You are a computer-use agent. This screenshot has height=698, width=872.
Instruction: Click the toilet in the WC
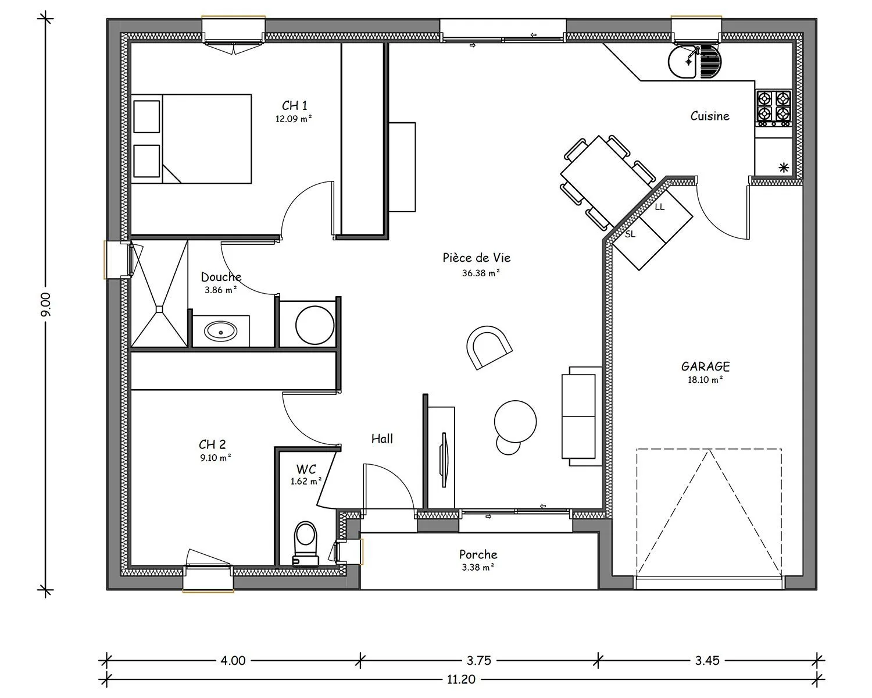tap(306, 543)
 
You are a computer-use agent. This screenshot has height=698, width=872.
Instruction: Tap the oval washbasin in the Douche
tap(220, 332)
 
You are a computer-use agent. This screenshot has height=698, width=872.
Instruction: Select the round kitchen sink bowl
tap(682, 61)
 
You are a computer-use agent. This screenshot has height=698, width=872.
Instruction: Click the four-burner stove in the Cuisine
tap(774, 108)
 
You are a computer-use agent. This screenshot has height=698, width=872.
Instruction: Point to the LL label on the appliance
tap(660, 207)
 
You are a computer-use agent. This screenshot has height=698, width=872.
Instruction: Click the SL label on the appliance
tap(630, 234)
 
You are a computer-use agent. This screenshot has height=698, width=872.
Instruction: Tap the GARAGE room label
tap(706, 366)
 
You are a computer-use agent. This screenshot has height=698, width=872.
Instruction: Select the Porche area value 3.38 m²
tap(478, 567)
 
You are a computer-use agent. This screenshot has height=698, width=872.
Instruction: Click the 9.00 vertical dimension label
tap(46, 304)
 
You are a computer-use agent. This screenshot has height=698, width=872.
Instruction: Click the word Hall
tap(382, 439)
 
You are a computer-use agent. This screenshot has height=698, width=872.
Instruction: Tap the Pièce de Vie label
tap(477, 258)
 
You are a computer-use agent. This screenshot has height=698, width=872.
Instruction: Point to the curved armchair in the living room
tap(489, 347)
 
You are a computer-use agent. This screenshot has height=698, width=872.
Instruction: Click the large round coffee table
tap(516, 421)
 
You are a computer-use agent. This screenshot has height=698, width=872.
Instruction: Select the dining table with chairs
tap(608, 181)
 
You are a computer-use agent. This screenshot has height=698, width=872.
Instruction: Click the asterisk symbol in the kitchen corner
tap(784, 168)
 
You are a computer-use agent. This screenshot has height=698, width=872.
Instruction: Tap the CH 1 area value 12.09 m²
tap(294, 119)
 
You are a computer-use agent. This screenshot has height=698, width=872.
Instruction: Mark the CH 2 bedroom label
tap(212, 444)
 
